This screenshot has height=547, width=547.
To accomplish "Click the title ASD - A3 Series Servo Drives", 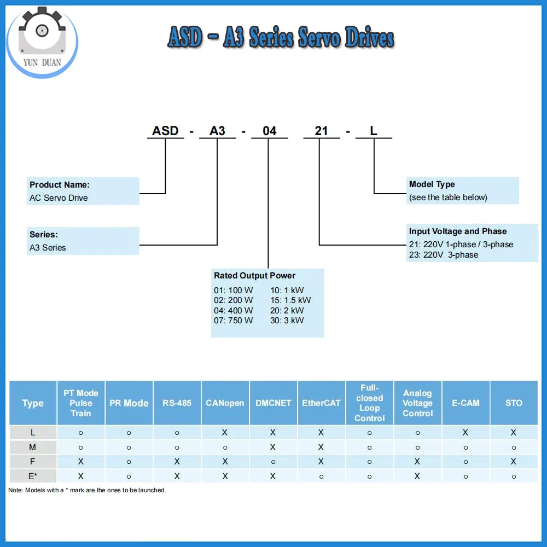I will click(281, 39).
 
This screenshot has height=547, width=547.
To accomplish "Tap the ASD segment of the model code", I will click(165, 131).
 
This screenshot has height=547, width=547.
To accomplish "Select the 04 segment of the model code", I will click(269, 131).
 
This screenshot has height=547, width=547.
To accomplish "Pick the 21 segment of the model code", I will click(321, 131).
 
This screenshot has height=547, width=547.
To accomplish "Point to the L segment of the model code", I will click(374, 131).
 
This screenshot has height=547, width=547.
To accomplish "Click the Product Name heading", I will click(60, 185).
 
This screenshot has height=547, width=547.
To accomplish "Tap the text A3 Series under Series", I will click(48, 248).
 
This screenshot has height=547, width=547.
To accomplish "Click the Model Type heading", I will click(432, 184).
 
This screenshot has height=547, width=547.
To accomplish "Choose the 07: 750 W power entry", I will click(234, 321).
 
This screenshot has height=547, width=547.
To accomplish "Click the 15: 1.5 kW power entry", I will click(290, 300).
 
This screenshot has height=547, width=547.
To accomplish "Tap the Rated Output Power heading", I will click(254, 276).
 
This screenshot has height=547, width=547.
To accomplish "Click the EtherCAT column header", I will click(321, 403).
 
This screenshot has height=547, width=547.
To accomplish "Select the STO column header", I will click(514, 403).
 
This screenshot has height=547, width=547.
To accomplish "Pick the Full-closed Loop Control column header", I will click(369, 403).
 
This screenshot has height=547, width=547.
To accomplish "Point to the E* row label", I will click(33, 476).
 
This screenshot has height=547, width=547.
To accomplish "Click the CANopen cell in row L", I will click(225, 433).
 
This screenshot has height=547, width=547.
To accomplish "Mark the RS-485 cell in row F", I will click(177, 462).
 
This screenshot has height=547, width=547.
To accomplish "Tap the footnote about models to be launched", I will click(87, 490).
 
